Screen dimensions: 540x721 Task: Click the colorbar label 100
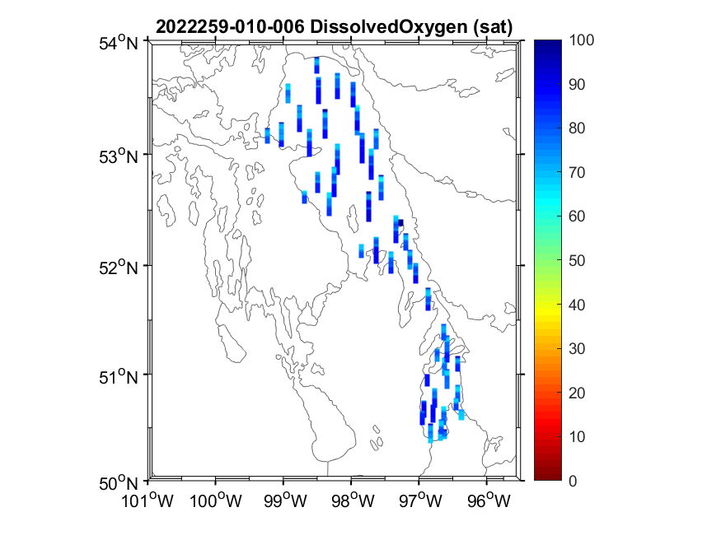tap(583, 40)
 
